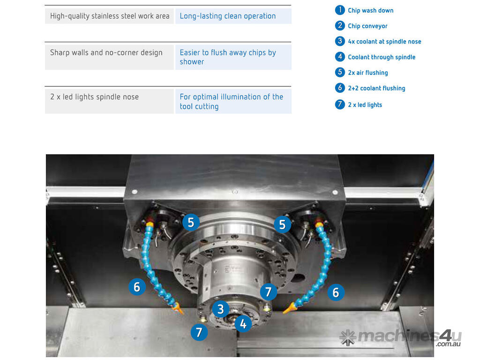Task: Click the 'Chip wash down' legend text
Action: pos(370,10)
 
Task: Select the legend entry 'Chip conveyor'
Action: pos(367,26)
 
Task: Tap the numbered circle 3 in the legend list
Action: pos(340,41)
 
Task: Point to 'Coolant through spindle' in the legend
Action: pos(382,57)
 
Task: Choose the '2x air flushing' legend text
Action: pos(367,73)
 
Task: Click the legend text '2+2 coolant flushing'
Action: pos(376,89)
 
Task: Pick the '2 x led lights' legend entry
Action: pos(365,105)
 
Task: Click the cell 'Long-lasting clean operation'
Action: pos(233,16)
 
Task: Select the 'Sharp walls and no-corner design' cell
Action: pos(109,57)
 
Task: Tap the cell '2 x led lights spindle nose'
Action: pos(109,101)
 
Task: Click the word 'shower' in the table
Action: pos(192,62)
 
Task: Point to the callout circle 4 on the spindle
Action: pos(243,323)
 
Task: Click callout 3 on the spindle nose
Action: pos(220,309)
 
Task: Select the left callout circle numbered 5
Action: pos(191,222)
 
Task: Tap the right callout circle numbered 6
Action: pos(336,292)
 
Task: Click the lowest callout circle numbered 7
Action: pos(199,332)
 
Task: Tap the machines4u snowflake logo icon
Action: pos(348,337)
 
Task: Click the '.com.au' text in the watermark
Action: pos(448,344)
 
